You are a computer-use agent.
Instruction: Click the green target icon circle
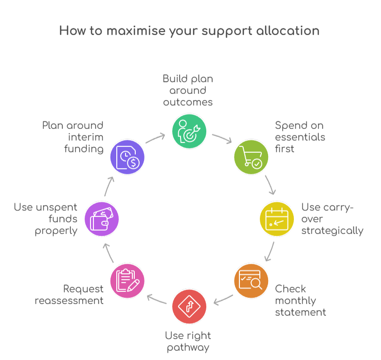click(189, 131)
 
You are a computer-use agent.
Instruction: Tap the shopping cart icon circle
click(251, 157)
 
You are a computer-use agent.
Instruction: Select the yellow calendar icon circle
click(276, 219)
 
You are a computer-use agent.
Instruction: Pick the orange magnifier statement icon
click(251, 281)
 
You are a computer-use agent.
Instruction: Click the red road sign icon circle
click(189, 306)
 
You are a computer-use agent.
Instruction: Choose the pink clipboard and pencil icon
click(127, 281)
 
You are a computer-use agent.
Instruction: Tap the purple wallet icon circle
click(102, 219)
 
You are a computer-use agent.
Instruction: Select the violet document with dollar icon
click(127, 157)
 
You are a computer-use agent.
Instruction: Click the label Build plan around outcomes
click(188, 90)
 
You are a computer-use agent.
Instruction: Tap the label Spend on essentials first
click(300, 137)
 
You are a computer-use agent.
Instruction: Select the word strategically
click(332, 231)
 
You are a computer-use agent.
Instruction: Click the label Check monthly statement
click(300, 300)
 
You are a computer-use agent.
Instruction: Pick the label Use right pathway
click(188, 342)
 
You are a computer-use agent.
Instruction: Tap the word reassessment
click(69, 301)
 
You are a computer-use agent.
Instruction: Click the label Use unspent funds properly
click(46, 219)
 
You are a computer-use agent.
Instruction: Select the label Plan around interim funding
click(73, 137)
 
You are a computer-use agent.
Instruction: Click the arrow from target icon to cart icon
click(222, 139)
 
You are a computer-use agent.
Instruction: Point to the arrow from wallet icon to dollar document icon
click(110, 185)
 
